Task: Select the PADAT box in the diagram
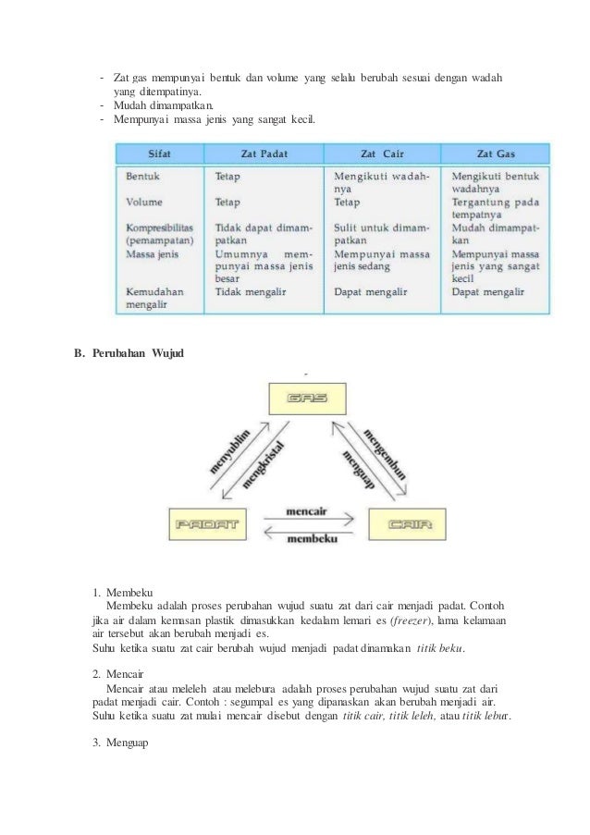click(205, 524)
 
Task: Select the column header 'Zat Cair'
click(385, 153)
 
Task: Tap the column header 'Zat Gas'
click(497, 153)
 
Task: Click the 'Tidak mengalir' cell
click(251, 292)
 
